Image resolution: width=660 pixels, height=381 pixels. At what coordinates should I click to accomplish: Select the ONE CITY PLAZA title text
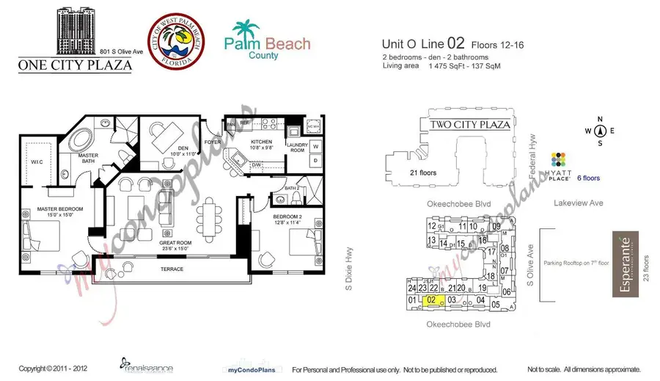pyautogui.click(x=76, y=65)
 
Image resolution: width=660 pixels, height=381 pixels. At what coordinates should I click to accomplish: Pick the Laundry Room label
pyautogui.click(x=297, y=147)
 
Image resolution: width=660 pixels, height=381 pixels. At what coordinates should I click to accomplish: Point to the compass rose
pyautogui.click(x=600, y=132)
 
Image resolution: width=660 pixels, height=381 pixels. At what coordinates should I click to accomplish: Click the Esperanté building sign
pyautogui.click(x=626, y=264)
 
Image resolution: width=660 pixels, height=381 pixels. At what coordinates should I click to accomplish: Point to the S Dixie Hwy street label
pyautogui.click(x=350, y=269)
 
